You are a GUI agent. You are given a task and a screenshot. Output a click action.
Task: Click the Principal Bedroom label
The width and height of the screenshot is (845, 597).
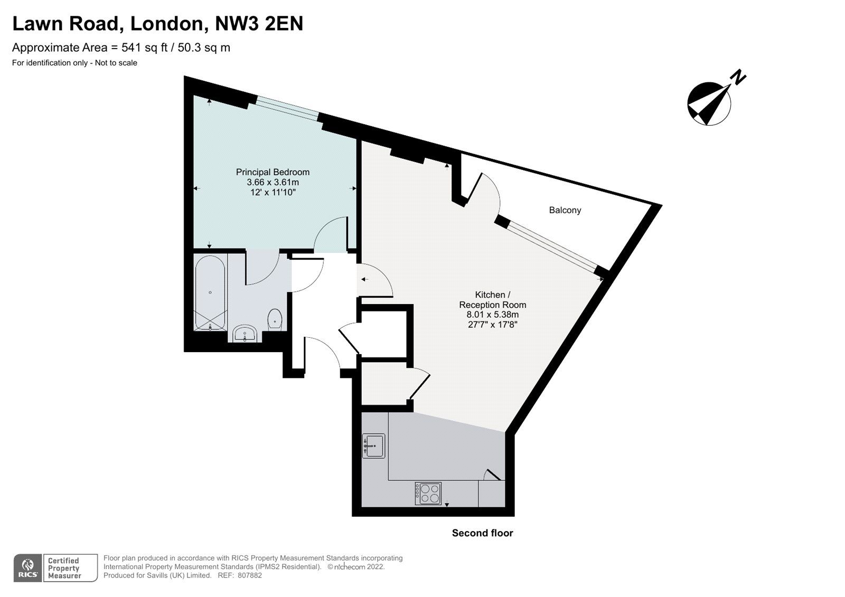(273, 172)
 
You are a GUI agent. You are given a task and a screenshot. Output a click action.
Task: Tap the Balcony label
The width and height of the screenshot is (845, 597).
(565, 210)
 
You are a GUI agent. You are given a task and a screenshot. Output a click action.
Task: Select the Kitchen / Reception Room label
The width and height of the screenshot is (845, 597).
(492, 300)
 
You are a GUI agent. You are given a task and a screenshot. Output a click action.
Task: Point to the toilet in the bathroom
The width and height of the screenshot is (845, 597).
(275, 319)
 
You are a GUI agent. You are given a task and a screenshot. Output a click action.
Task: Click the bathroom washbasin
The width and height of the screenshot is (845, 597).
(245, 334)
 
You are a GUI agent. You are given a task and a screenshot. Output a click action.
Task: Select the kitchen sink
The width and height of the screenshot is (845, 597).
(373, 446)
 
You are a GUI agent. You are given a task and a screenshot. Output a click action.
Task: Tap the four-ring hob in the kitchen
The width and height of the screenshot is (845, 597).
(428, 494)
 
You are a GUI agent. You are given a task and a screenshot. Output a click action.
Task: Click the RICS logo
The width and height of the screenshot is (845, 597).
(27, 568)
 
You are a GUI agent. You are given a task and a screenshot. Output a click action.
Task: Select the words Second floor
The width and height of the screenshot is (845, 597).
(482, 533)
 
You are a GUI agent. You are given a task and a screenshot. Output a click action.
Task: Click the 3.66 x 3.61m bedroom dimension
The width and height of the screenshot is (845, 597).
(273, 182)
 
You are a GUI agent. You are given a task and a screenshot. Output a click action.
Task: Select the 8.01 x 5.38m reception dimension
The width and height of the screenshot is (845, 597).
(492, 315)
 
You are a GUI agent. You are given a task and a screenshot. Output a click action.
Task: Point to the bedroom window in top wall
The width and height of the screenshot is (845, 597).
(288, 108)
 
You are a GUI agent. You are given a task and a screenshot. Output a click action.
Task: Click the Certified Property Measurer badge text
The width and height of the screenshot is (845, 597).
(64, 568)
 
